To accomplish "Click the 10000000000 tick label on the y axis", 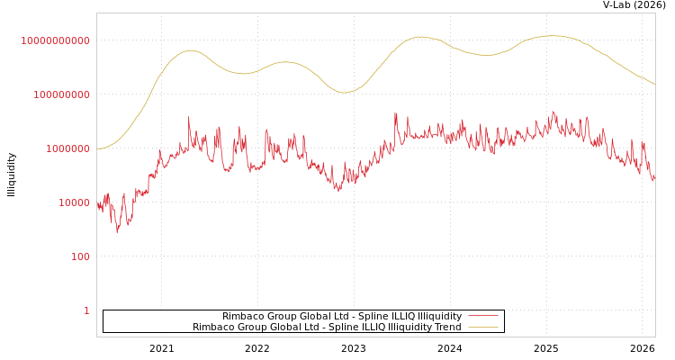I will (56, 40).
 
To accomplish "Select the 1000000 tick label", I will (64, 148).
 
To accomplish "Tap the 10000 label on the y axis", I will (69, 202).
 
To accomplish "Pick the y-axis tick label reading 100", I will (79, 256).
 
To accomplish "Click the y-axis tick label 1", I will (86, 310).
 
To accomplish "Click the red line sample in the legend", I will (483, 317).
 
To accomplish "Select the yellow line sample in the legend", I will (483, 328).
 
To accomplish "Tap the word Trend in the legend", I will (446, 328).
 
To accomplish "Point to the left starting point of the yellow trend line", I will (97, 148).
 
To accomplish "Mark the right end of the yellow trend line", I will (654, 85).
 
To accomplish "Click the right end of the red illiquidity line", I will (654, 179).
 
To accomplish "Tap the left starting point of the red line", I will (97, 205).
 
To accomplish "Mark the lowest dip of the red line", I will (117, 231).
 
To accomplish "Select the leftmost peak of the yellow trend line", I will (191, 50).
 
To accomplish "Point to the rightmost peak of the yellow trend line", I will (552, 36).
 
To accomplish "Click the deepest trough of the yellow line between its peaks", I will (344, 93).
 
